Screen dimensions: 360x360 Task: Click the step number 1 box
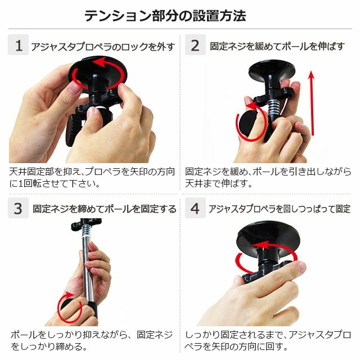tap(18, 45)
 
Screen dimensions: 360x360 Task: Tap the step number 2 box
tap(195, 45)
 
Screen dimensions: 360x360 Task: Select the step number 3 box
tap(18, 208)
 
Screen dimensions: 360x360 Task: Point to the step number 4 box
tap(195, 208)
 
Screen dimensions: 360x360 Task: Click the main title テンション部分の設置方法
tap(165, 16)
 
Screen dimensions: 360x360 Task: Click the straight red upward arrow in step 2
tap(312, 103)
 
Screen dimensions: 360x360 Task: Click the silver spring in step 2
tap(273, 109)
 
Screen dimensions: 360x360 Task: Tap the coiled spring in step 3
tap(86, 230)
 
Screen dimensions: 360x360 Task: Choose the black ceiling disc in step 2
tap(272, 70)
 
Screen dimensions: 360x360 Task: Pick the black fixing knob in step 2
tap(247, 123)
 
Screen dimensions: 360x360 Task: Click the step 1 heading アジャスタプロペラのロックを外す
tap(103, 47)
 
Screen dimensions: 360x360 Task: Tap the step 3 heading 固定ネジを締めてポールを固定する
tap(105, 209)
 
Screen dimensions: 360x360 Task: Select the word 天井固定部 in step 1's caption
tap(32, 172)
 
